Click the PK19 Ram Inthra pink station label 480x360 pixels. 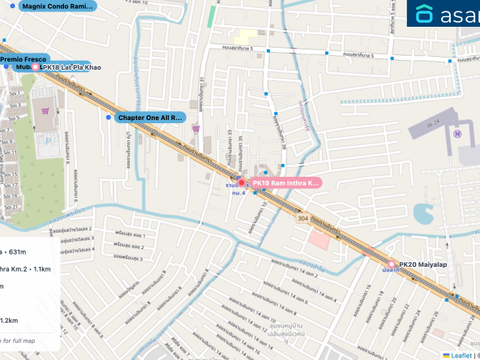(285, 183)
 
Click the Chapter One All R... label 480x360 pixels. (150, 118)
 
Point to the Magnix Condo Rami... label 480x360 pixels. (58, 6)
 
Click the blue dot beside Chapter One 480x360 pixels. (109, 118)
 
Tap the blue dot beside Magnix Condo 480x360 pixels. (15, 6)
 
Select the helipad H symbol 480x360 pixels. (457, 133)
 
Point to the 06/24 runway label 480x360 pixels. (435, 122)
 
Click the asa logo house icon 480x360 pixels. (425, 15)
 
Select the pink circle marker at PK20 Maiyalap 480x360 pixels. (392, 264)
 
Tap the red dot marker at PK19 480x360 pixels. (241, 183)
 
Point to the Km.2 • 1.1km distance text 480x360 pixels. (27, 268)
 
